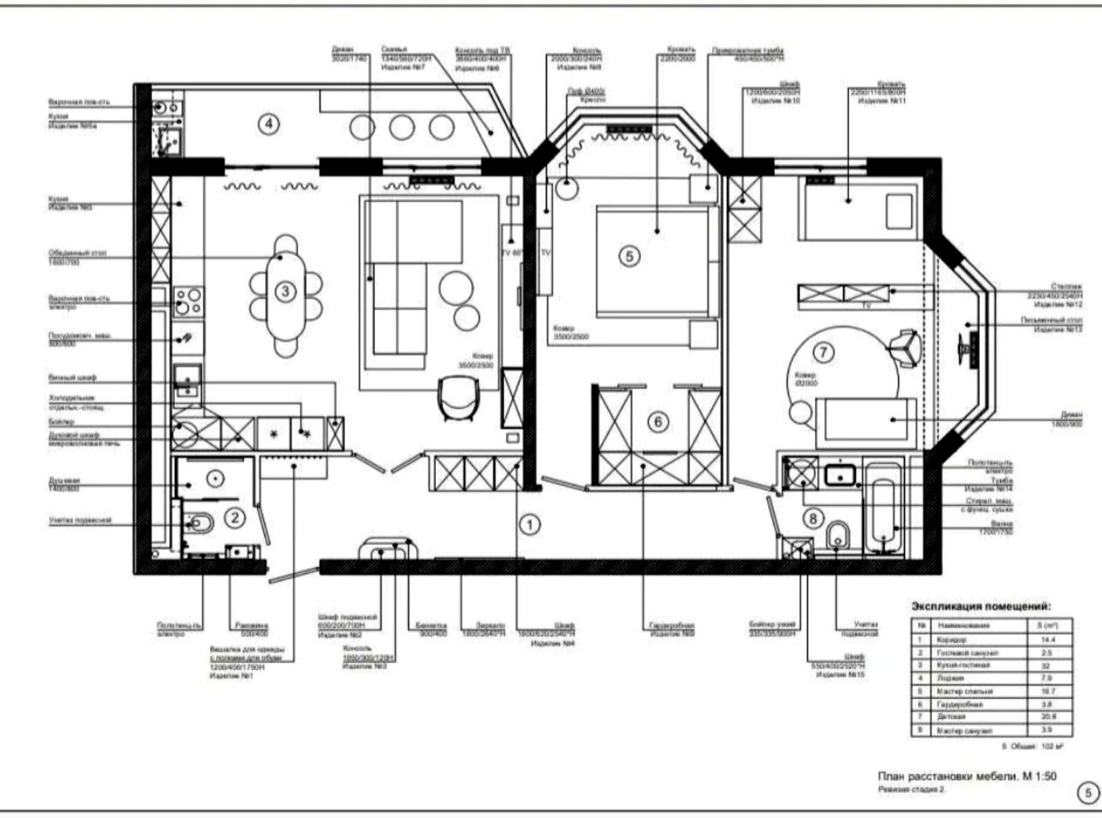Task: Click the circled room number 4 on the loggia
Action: [x=269, y=125]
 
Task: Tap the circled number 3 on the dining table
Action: [x=285, y=291]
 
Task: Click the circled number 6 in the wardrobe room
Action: [x=658, y=421]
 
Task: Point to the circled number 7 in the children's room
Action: [x=824, y=353]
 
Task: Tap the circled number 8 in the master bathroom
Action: [x=813, y=518]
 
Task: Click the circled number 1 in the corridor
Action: [x=530, y=525]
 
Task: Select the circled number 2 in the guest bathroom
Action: [x=235, y=517]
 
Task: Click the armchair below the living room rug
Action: [x=458, y=398]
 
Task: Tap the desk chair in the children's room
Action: [x=904, y=346]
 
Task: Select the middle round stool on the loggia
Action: [x=401, y=127]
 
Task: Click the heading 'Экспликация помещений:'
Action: [x=981, y=607]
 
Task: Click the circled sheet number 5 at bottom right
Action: [x=1088, y=793]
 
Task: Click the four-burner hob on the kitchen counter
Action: [x=187, y=301]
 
